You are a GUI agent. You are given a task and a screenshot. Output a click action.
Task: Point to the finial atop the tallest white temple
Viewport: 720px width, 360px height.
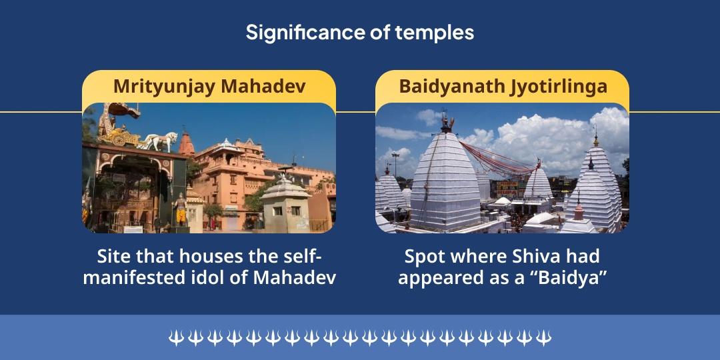(x=445, y=123)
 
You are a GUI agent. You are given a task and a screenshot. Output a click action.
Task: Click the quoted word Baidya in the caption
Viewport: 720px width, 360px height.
(x=574, y=277)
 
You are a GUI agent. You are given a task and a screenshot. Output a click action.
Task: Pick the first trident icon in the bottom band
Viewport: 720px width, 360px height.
(x=175, y=338)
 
